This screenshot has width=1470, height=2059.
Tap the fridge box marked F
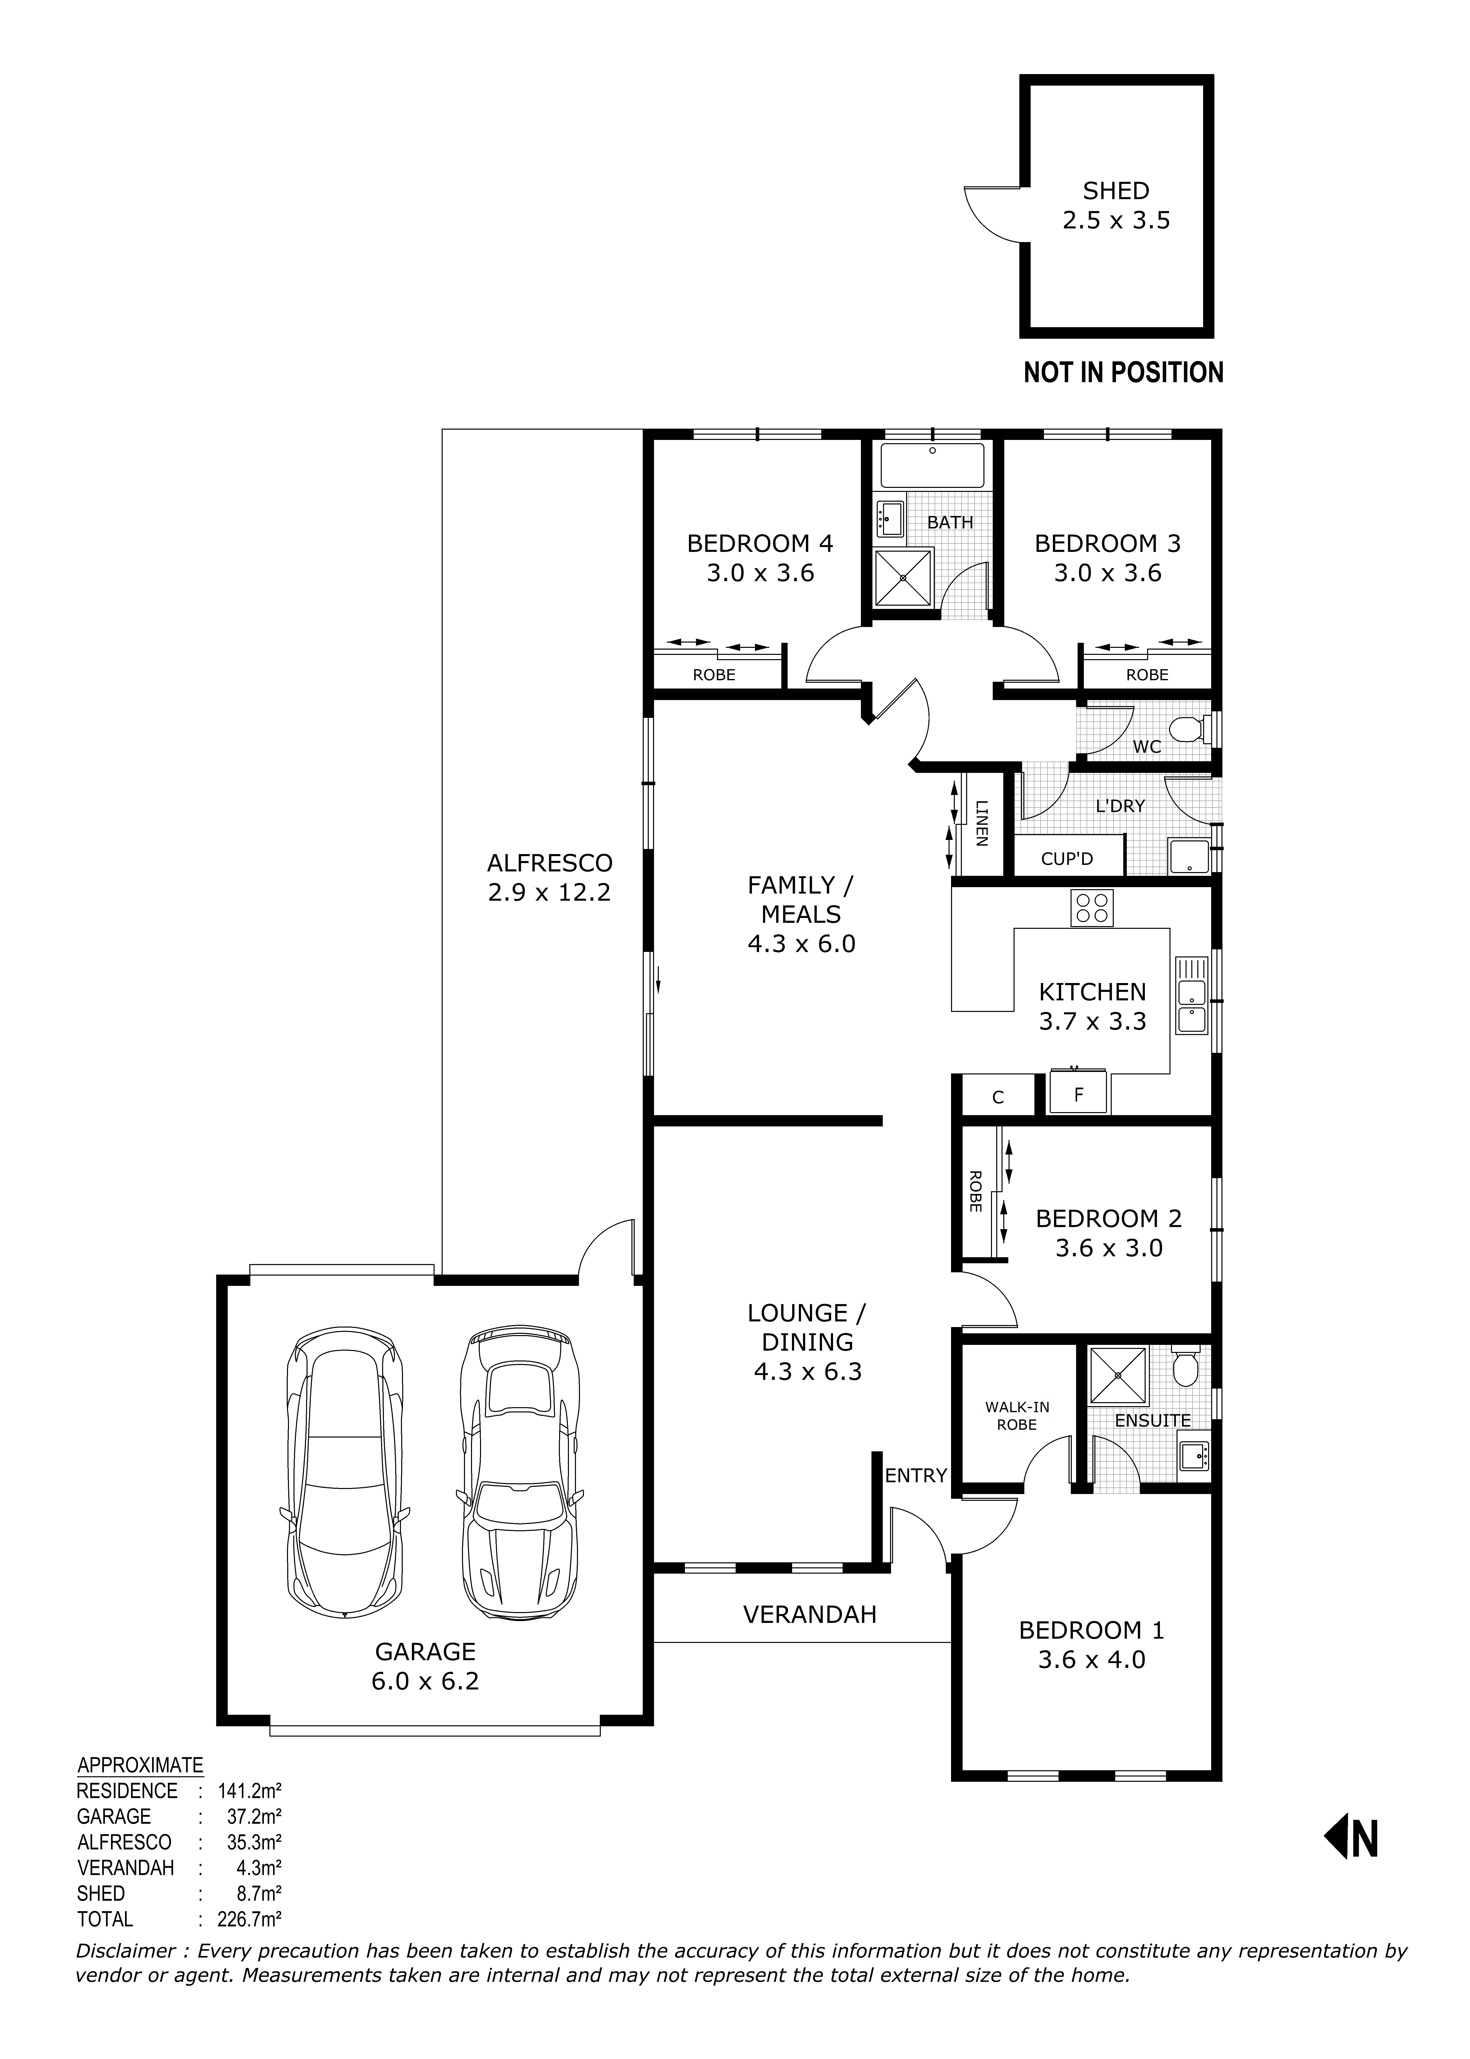click(x=1078, y=1095)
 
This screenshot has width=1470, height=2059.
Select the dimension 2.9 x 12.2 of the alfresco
click(x=549, y=892)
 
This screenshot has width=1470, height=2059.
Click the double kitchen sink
click(x=1191, y=995)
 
